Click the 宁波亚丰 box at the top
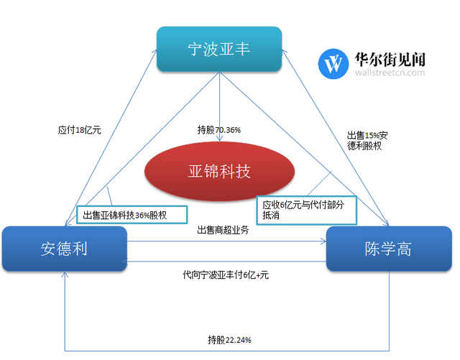click(219, 50)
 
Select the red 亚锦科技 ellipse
click(220, 172)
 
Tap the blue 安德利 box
click(65, 249)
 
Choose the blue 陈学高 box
click(389, 249)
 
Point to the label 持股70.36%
click(219, 130)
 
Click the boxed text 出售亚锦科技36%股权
click(131, 214)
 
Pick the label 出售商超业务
click(223, 230)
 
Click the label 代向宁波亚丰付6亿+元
click(226, 274)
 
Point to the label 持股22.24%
click(229, 340)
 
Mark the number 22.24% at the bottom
click(239, 340)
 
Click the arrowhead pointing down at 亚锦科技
click(220, 139)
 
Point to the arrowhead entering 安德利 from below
click(65, 277)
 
